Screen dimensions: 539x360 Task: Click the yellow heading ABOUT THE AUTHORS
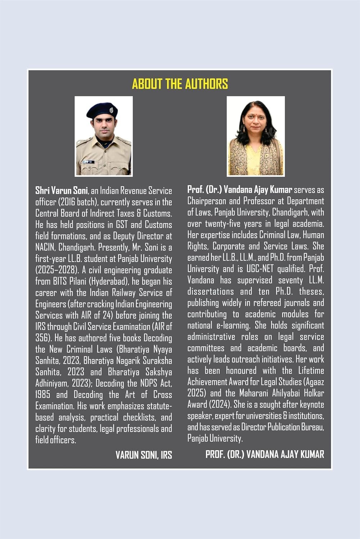click(180, 84)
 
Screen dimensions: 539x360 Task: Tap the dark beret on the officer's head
click(102, 111)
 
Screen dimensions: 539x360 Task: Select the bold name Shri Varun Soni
click(61, 190)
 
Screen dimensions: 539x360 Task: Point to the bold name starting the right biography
click(240, 189)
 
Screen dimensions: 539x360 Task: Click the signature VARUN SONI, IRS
click(143, 455)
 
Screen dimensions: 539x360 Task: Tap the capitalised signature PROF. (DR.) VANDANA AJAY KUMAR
click(265, 454)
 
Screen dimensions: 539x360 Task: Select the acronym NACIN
click(45, 247)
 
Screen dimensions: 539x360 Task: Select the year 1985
click(43, 395)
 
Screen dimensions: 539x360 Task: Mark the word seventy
click(290, 280)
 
